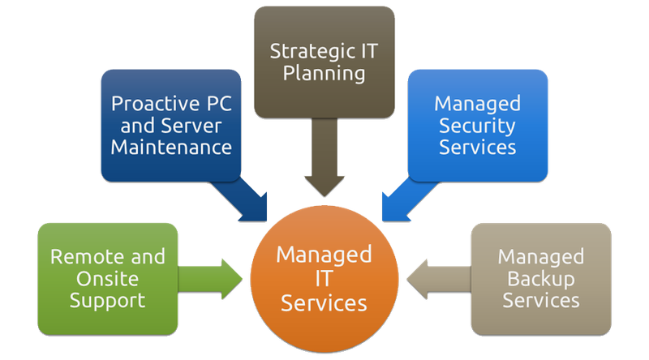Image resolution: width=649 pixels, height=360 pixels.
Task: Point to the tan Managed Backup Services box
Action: [540, 278]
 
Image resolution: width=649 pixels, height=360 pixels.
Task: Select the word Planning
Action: [324, 75]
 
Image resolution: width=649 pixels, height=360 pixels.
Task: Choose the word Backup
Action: [540, 279]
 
